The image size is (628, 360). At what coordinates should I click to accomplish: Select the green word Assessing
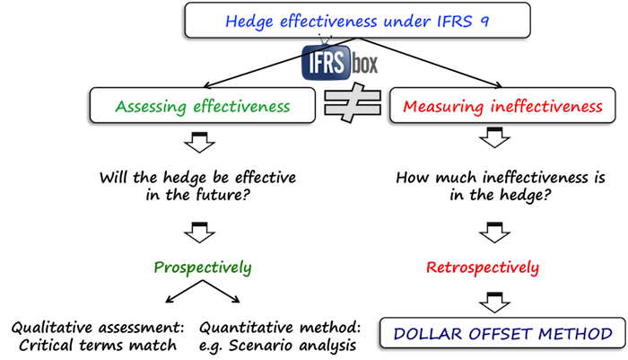146,107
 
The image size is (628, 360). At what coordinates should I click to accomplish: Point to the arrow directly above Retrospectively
493,235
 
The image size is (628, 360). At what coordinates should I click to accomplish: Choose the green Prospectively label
203,268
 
